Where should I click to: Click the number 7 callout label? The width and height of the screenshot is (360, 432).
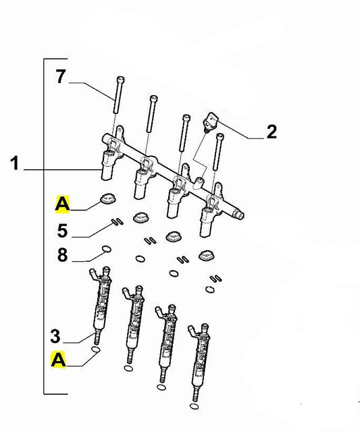click(60, 78)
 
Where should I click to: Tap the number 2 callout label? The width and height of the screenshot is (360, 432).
click(271, 132)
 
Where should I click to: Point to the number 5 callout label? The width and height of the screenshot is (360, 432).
click(62, 232)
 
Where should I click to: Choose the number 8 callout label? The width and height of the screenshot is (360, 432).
click(62, 256)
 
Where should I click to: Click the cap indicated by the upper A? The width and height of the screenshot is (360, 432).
click(107, 199)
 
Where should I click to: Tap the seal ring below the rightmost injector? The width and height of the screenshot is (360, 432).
click(194, 407)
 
